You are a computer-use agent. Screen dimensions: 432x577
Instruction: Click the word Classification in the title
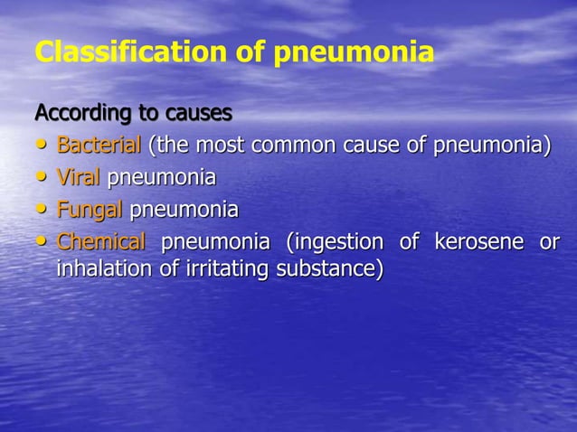coord(124,52)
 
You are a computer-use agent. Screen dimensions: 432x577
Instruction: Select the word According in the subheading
coord(76,115)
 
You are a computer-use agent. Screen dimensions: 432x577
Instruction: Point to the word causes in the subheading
coord(198,115)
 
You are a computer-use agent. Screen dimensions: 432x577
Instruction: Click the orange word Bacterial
coord(99,146)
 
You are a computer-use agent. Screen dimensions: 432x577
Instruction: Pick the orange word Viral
coord(79,178)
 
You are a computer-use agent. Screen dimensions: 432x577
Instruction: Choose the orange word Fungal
coord(90,211)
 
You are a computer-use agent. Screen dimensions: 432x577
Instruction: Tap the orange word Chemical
coord(100,242)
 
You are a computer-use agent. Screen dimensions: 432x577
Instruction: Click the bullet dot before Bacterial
coord(43,146)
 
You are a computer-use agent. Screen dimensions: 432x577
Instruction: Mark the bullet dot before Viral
coord(43,179)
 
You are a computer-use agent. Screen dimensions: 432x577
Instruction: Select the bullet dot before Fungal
coord(43,211)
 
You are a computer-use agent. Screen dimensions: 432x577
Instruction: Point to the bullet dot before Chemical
coord(43,243)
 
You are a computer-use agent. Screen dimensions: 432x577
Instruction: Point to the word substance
coord(326,268)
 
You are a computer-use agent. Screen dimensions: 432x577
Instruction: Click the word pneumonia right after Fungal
coord(184,211)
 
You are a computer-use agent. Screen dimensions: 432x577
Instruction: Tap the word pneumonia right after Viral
coord(162,179)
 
